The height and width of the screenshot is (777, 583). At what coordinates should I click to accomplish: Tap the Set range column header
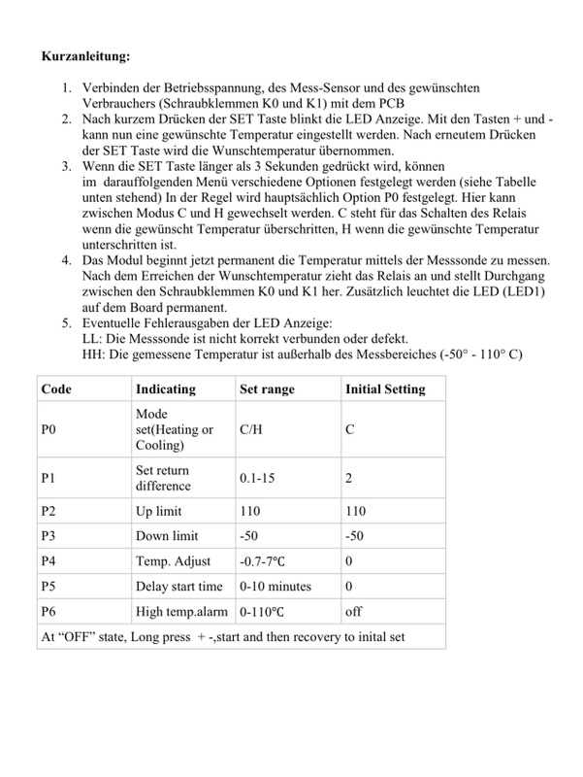point(267,389)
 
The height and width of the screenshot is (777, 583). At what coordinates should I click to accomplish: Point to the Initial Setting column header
point(385,389)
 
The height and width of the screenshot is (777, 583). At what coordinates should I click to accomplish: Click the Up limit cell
point(160,509)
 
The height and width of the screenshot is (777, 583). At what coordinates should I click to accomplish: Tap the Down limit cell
point(167,535)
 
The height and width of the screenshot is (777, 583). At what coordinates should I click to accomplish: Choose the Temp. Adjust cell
point(173,560)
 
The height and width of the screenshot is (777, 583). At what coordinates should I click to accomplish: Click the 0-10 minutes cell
point(276,586)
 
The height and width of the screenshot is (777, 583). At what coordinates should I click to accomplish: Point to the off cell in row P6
point(354,612)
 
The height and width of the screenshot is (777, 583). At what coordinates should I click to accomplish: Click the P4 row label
point(50,560)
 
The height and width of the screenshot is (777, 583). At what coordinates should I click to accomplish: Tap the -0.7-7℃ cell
point(267,560)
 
